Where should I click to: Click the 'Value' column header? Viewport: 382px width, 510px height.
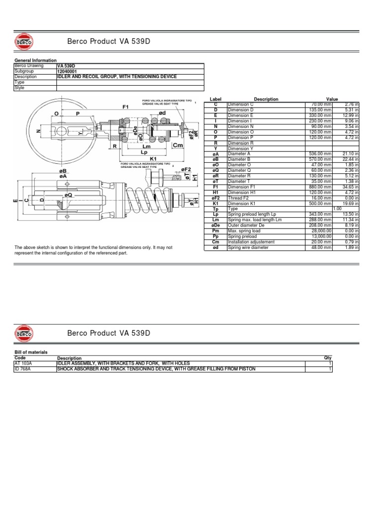[x=332, y=99]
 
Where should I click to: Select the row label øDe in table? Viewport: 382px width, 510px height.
[x=216, y=226]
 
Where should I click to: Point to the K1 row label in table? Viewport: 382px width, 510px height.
[x=216, y=204]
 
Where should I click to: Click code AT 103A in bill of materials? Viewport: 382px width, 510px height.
[x=23, y=363]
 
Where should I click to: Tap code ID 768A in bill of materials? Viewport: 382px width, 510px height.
[x=23, y=369]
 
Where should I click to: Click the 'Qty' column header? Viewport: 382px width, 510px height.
[x=327, y=358]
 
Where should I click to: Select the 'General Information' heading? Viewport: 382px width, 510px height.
[x=35, y=60]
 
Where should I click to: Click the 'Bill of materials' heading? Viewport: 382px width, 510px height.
[x=31, y=352]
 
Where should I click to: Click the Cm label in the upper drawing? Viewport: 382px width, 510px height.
[x=178, y=145]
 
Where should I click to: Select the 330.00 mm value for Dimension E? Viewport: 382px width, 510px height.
[x=317, y=116]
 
